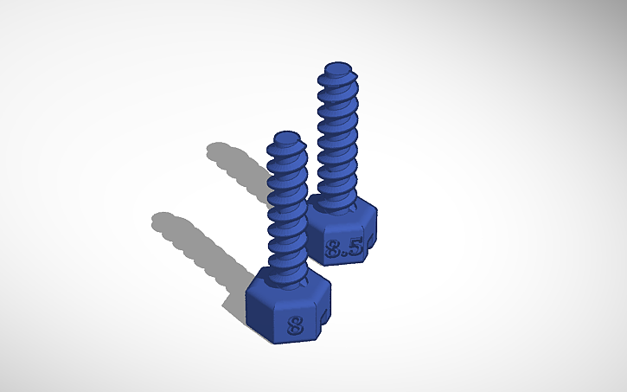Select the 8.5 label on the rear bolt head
point(344,250)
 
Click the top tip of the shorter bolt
point(286,137)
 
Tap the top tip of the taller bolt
point(336,67)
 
